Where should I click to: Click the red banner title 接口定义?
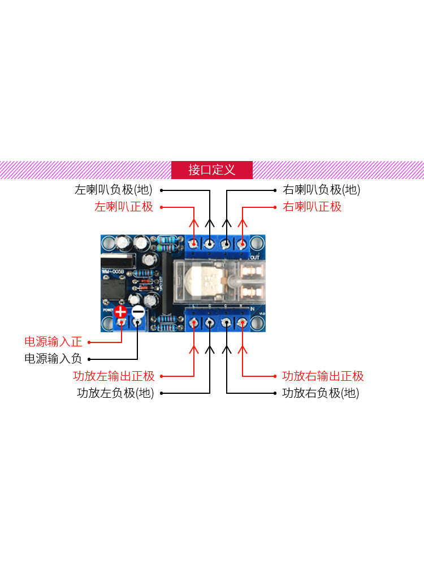point(211,170)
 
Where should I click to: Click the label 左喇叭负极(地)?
point(114,190)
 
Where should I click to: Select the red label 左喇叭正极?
point(124,207)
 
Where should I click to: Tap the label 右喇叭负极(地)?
point(321,190)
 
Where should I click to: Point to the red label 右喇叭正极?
point(312,207)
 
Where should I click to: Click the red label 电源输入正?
point(53,341)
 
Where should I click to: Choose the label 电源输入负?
point(53,358)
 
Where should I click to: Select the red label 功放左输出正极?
point(114,376)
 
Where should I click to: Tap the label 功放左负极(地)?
point(115,393)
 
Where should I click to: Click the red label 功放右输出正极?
point(323,376)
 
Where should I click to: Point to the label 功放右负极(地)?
point(321,393)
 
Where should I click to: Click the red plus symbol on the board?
point(121,311)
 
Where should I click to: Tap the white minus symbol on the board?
point(138,311)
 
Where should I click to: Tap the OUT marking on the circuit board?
point(254,257)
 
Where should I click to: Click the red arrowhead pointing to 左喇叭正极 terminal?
point(194,223)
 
